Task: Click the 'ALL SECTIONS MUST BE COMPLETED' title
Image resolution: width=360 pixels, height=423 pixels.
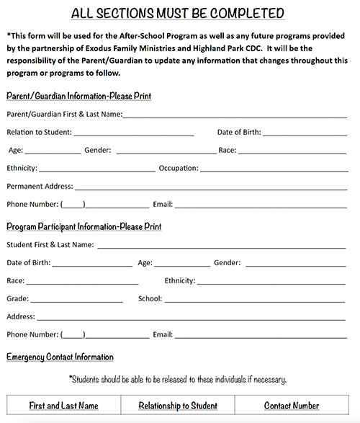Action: [x=179, y=14]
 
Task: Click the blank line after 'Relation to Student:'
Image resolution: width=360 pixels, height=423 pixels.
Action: [x=133, y=133]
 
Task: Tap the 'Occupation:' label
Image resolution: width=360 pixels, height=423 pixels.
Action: [x=179, y=168]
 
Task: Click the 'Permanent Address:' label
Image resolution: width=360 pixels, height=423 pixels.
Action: [x=40, y=186]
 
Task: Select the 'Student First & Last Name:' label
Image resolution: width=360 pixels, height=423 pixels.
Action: [x=50, y=245]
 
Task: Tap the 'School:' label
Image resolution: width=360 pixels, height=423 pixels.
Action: [x=150, y=299]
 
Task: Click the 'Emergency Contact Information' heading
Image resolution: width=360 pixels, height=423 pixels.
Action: [x=60, y=357]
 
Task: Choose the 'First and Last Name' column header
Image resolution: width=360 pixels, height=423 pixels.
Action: [x=63, y=406]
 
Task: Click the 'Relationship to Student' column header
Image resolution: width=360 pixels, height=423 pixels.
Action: [x=178, y=406]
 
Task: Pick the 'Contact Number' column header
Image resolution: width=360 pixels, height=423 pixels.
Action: [x=291, y=406]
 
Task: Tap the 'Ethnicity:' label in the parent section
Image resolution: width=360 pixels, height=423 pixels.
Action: [x=22, y=168]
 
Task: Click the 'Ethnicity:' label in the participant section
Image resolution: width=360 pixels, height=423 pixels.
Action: [x=180, y=281]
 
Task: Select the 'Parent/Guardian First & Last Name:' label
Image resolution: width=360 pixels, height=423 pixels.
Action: [x=64, y=114]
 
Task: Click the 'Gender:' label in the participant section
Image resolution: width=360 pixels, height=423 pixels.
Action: [x=227, y=263]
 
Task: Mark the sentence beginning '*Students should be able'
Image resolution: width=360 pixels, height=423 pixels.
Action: [x=178, y=379]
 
